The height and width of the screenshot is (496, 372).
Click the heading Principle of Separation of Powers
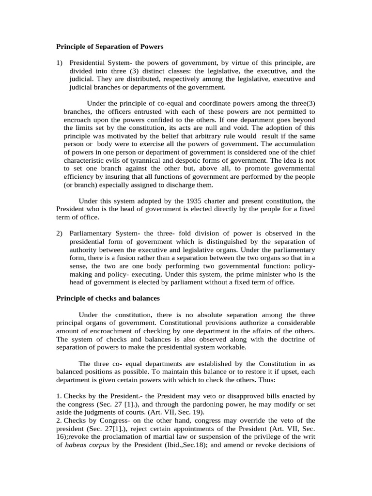(110, 47)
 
